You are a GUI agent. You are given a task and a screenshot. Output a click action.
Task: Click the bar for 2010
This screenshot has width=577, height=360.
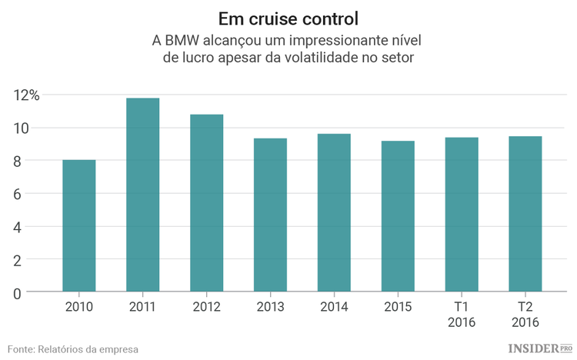pyautogui.click(x=78, y=226)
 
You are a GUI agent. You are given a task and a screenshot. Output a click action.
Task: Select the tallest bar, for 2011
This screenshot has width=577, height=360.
pyautogui.click(x=142, y=195)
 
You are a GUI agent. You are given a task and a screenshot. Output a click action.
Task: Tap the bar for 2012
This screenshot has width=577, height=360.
pyautogui.click(x=206, y=203)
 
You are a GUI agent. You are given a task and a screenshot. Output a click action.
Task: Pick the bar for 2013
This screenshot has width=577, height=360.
pyautogui.click(x=270, y=215)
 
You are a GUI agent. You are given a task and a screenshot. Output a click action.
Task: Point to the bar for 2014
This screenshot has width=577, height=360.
pyautogui.click(x=334, y=213)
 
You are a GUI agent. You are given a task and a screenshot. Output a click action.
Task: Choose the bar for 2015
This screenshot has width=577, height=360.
pyautogui.click(x=398, y=216)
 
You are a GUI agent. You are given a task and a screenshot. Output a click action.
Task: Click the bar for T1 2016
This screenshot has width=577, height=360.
pyautogui.click(x=462, y=215)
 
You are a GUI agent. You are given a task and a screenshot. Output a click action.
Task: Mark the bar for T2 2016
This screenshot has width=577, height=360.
pyautogui.click(x=525, y=214)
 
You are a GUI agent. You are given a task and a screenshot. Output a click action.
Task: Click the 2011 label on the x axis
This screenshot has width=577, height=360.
pyautogui.click(x=142, y=306)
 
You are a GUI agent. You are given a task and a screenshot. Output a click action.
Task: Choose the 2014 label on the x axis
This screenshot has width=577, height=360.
pyautogui.click(x=334, y=306)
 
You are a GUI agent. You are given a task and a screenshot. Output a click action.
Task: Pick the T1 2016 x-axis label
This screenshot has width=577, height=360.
pyautogui.click(x=462, y=314)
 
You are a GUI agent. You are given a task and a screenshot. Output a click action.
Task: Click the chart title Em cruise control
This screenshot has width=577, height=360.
pyautogui.click(x=288, y=17)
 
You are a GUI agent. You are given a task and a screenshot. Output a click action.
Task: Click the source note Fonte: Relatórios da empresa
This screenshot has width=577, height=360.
pyautogui.click(x=74, y=348)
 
